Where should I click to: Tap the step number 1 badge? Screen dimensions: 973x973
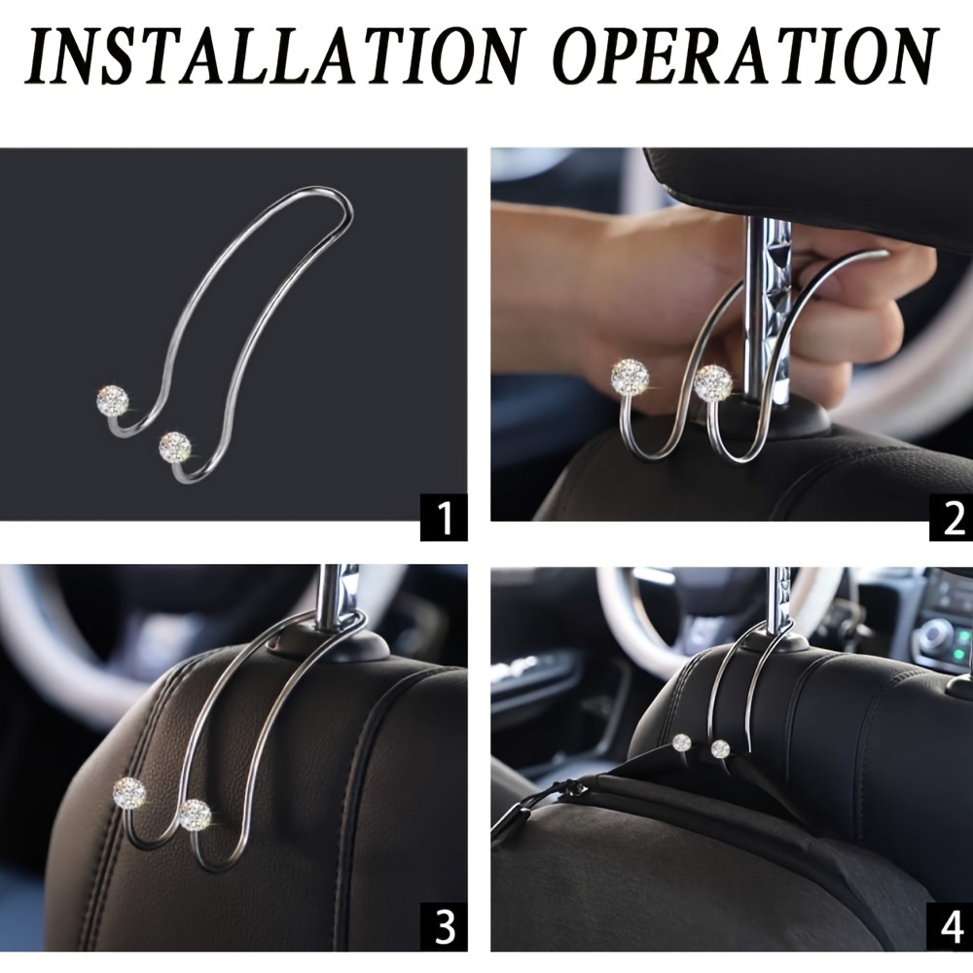pos(444,517)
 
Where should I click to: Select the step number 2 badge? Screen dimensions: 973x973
pos(951,517)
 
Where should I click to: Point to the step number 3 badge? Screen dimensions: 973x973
pos(444,927)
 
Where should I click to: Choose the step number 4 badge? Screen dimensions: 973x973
pos(951,927)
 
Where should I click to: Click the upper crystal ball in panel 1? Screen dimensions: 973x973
pos(113,401)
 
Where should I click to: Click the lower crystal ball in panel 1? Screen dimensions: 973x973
pos(174,448)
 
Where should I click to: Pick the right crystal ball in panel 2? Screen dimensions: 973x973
pos(713,382)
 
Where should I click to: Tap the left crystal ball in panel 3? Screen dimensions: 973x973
pos(129,793)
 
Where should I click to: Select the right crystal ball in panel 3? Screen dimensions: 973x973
pos(195,814)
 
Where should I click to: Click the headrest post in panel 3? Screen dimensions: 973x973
pos(337,595)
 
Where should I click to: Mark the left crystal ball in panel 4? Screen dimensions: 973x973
pos(681,742)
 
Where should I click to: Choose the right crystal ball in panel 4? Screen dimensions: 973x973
pos(720,749)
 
